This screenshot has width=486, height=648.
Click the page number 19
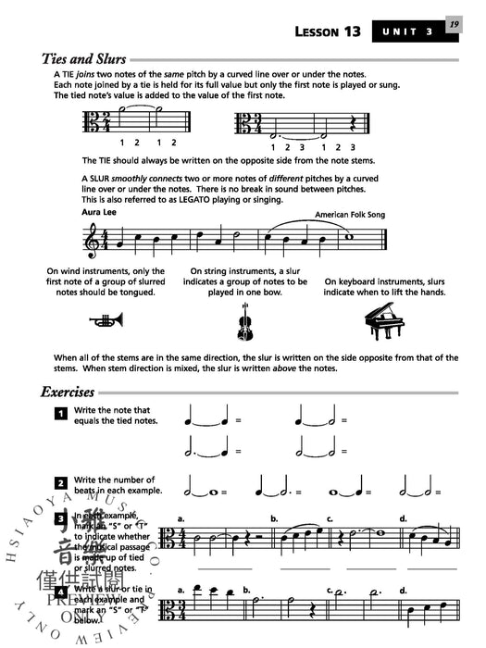453,26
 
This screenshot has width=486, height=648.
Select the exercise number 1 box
60,413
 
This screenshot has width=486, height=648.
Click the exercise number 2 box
60,483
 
